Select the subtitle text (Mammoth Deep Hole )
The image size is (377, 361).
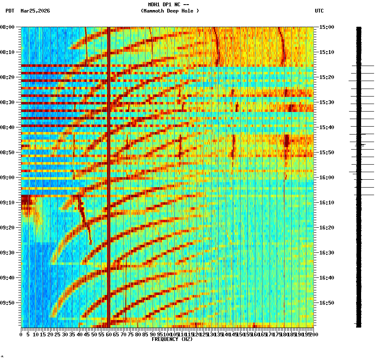pyautogui.click(x=170, y=11)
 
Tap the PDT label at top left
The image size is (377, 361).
pyautogui.click(x=10, y=11)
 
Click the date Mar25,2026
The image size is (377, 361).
pyautogui.click(x=35, y=11)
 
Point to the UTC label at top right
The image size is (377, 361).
pyautogui.click(x=319, y=11)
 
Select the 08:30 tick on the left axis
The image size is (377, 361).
pyautogui.click(x=8, y=102)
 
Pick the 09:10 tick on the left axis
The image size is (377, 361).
pyautogui.click(x=8, y=203)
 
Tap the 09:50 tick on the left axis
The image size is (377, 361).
pyautogui.click(x=8, y=303)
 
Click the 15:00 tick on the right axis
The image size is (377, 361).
pyautogui.click(x=327, y=27)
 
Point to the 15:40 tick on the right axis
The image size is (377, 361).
pyautogui.click(x=327, y=127)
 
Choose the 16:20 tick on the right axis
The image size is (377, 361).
pyautogui.click(x=327, y=228)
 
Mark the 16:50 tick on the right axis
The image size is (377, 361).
pyautogui.click(x=327, y=303)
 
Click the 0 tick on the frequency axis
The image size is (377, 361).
pyautogui.click(x=21, y=334)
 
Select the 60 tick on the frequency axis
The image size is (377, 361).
pyautogui.click(x=109, y=334)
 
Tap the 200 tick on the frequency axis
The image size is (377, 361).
pyautogui.click(x=313, y=334)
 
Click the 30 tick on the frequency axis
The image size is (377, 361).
pyautogui.click(x=65, y=334)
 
